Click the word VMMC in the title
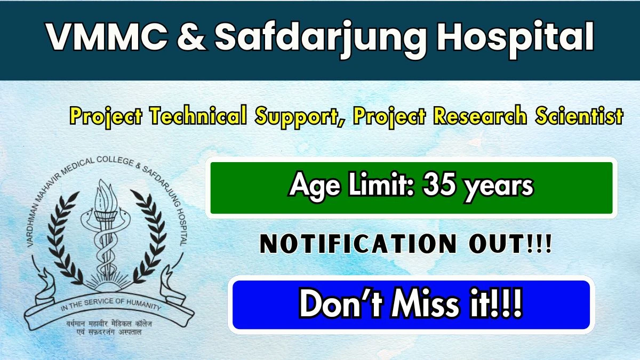(107, 36)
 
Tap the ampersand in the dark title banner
(190, 36)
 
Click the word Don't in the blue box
(341, 304)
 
